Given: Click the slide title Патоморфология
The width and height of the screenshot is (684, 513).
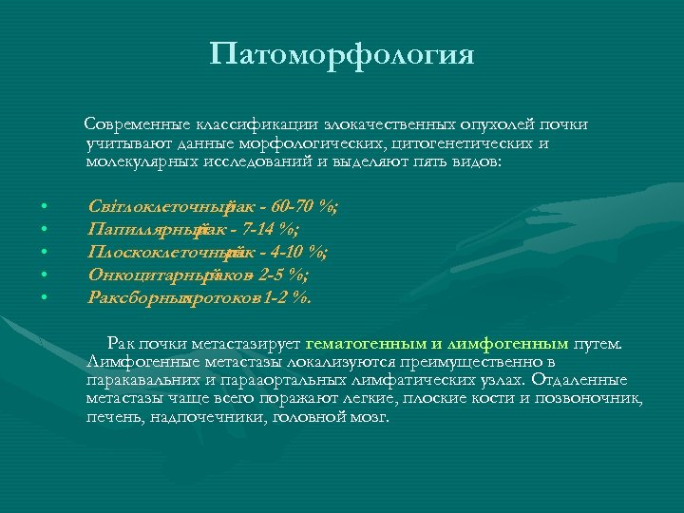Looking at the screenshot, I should tap(342, 54).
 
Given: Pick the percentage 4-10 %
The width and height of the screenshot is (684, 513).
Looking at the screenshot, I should tap(295, 252).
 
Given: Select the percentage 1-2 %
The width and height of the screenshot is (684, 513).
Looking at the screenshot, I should tap(282, 297).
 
